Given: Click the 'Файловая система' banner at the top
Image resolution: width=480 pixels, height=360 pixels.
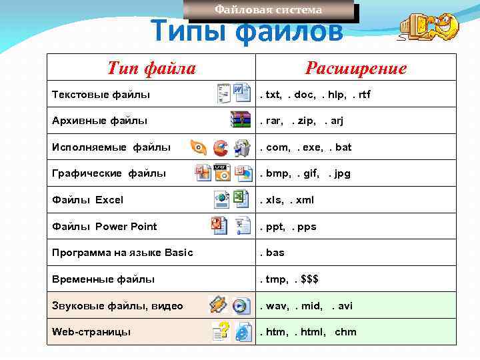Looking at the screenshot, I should point(268,10).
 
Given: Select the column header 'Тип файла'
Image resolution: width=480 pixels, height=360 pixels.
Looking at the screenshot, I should point(151,68).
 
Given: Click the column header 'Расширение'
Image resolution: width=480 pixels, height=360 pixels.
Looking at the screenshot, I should point(355,68).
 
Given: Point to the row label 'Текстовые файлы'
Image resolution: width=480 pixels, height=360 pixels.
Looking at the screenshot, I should point(101,95).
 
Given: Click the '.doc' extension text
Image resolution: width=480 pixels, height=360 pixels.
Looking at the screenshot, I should point(302,95).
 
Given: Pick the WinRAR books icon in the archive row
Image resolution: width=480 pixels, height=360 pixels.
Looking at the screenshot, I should point(241,120).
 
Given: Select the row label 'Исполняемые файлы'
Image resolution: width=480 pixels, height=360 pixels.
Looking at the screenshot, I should point(111,147).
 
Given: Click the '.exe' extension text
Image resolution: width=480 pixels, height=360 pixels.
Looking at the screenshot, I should point(310,147).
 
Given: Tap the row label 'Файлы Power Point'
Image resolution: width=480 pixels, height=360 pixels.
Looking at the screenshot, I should point(105,227).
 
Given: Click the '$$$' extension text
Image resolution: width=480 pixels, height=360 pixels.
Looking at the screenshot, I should point(309,279).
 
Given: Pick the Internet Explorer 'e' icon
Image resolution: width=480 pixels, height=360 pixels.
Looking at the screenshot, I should point(243,331).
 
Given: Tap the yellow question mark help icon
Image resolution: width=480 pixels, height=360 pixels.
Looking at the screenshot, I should point(221,331).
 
